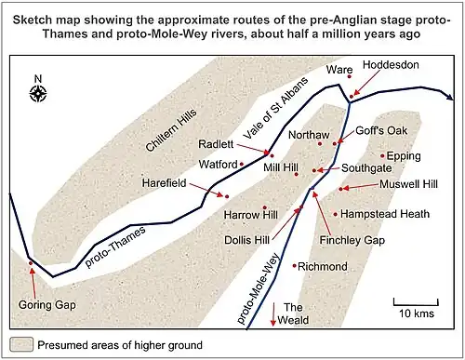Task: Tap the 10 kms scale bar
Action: point(415,303)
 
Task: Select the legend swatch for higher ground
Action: point(21,345)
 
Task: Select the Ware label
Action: point(339,71)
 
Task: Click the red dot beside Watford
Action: point(243,164)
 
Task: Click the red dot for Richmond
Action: point(295,266)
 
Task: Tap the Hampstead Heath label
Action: point(385,214)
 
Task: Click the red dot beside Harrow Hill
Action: point(265,207)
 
